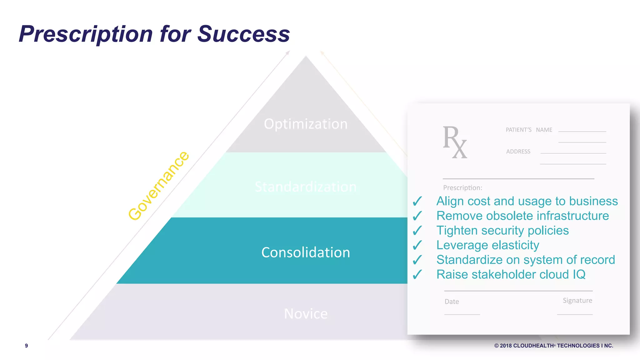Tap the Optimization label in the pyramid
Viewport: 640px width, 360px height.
[x=306, y=124]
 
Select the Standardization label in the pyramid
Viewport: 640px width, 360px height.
[x=306, y=187]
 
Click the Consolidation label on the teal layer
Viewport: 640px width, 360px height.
[x=306, y=252]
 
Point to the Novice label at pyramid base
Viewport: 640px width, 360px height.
[x=306, y=314]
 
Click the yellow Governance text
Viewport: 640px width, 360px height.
[x=159, y=186]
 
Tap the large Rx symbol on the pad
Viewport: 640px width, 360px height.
[x=455, y=142]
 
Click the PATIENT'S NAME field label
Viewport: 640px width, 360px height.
[x=529, y=130]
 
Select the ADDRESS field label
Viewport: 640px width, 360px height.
[x=518, y=152]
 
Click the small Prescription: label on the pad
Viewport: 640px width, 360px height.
[x=462, y=188]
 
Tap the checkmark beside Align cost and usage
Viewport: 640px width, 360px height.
[x=417, y=201]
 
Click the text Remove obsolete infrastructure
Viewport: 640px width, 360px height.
[x=522, y=216]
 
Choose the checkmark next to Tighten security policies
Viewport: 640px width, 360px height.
[x=417, y=231]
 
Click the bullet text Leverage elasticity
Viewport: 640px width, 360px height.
[x=487, y=245]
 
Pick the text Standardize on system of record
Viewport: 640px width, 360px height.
[x=526, y=260]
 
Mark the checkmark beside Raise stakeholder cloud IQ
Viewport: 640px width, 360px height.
[x=417, y=275]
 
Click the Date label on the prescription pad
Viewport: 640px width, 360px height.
[x=452, y=302]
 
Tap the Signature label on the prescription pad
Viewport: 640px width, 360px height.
[x=577, y=301]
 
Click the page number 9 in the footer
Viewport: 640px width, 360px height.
[x=27, y=346]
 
